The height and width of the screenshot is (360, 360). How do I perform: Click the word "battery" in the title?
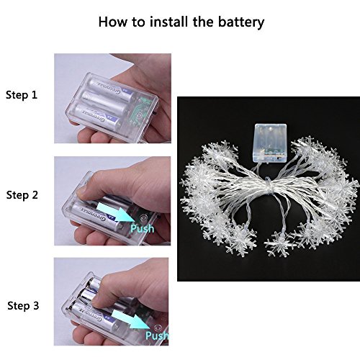click(x=241, y=22)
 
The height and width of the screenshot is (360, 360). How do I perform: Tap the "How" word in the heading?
click(x=112, y=22)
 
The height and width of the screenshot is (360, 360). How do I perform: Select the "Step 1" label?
click(x=22, y=95)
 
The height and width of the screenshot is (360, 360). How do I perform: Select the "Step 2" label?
click(x=22, y=195)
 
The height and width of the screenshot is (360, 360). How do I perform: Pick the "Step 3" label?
click(x=23, y=305)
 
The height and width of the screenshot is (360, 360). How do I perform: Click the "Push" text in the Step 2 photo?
click(x=142, y=228)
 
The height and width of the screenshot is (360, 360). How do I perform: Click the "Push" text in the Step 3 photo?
click(x=156, y=335)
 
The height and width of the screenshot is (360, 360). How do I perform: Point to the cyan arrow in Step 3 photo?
click(x=130, y=319)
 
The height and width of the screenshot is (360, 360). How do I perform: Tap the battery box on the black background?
click(x=270, y=143)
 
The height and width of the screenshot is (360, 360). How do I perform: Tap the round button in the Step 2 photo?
click(x=143, y=217)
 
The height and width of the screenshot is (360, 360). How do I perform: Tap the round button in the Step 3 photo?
click(x=158, y=328)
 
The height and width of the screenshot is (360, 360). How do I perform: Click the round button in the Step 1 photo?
click(x=139, y=115)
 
